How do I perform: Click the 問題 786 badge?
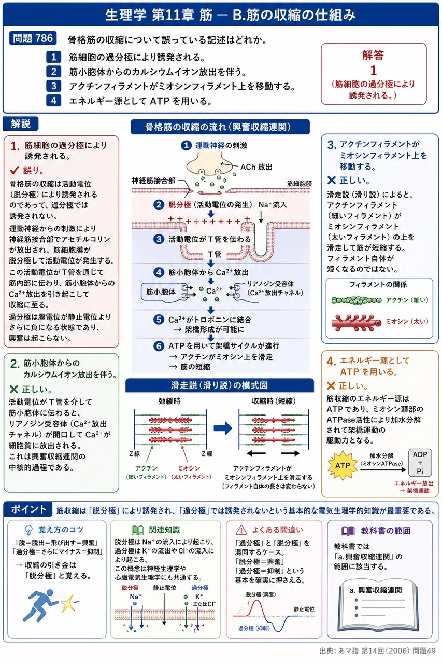[33, 38]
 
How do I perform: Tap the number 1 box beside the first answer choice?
[53, 57]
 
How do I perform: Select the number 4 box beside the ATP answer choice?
[53, 101]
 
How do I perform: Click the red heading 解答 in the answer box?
[373, 55]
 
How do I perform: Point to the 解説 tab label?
[20, 123]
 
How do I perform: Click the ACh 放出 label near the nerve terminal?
[256, 167]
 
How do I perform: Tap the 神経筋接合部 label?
[153, 181]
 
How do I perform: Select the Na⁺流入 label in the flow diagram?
[273, 204]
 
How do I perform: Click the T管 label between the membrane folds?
[215, 254]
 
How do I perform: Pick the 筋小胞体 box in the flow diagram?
[161, 292]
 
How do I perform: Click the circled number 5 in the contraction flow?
[159, 320]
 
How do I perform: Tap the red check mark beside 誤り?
[15, 170]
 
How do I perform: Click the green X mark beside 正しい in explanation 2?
[14, 389]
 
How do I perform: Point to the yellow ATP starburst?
[342, 465]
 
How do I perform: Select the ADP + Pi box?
[420, 463]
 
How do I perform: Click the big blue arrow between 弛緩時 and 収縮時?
[223, 428]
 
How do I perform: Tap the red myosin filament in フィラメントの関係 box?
[357, 323]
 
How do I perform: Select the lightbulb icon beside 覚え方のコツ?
[28, 530]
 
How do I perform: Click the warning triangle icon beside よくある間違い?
[241, 530]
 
